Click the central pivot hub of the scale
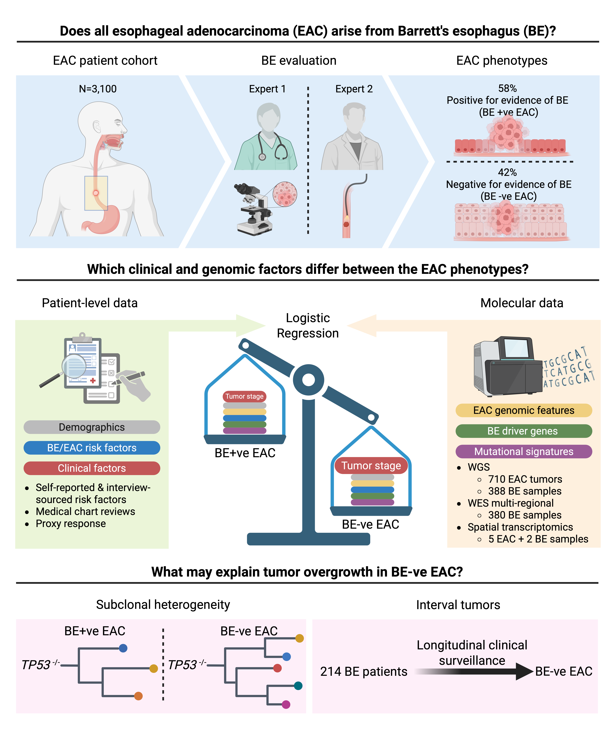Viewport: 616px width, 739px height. tap(308, 380)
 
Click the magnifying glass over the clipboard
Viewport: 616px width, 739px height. tap(74, 366)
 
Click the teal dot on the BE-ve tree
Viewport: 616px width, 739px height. tap(298, 685)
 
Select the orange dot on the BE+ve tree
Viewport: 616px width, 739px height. tap(138, 696)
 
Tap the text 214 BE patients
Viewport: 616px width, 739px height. tap(364, 671)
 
